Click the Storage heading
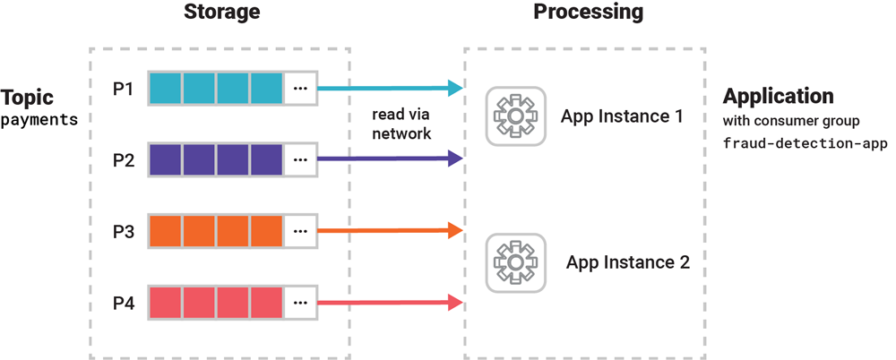click(221, 13)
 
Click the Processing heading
click(588, 13)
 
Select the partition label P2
click(123, 160)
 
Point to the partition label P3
click(123, 232)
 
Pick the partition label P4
click(123, 304)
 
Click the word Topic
click(28, 98)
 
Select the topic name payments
click(39, 119)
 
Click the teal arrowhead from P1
click(455, 88)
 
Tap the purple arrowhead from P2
click(455, 159)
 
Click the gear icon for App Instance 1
click(515, 116)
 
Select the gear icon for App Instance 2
click(515, 261)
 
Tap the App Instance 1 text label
click(622, 116)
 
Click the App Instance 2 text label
click(627, 262)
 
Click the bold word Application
click(779, 97)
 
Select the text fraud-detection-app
click(805, 142)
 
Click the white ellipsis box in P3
click(300, 232)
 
